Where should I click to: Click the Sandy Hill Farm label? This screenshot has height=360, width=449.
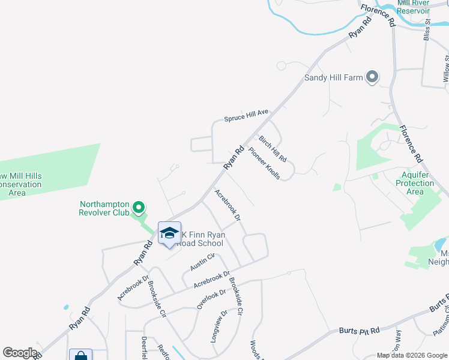(333, 77)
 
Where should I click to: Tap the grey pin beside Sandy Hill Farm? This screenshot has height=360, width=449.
(372, 77)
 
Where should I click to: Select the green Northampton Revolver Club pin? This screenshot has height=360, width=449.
(139, 208)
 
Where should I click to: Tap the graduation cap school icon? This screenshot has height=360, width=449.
(169, 233)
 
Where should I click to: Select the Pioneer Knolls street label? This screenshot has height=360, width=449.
(264, 164)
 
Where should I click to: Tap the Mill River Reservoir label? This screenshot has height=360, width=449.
(414, 7)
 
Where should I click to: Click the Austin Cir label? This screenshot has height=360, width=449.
(202, 262)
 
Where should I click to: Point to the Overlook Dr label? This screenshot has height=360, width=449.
(211, 299)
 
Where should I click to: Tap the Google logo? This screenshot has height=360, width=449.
(20, 353)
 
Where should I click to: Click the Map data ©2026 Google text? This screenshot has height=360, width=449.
(412, 355)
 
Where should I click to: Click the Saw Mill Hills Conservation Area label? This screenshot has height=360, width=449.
(21, 184)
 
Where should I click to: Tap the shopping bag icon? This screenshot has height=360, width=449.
(80, 356)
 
